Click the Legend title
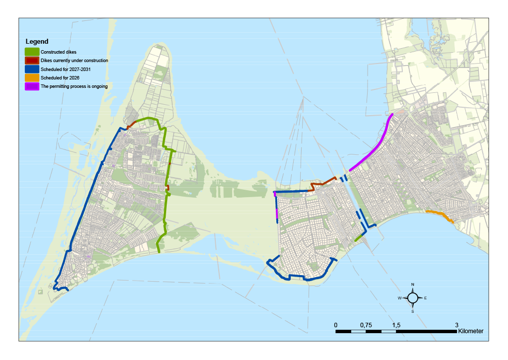click(x=37, y=42)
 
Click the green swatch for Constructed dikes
click(x=32, y=52)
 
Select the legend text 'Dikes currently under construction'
click(x=74, y=61)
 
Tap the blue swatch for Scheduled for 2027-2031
click(x=32, y=69)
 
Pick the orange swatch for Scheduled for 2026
click(x=32, y=77)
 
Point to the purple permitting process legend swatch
click(x=32, y=86)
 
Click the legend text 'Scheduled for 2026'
click(x=60, y=77)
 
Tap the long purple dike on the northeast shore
click(x=372, y=149)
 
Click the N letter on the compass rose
click(x=413, y=285)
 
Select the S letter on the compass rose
click(x=413, y=311)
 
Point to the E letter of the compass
click(x=425, y=298)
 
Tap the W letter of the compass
click(x=399, y=298)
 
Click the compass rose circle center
click(x=413, y=298)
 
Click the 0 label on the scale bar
click(x=336, y=325)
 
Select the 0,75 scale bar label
click(x=366, y=325)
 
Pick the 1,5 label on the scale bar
click(x=396, y=325)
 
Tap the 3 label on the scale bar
click(x=456, y=325)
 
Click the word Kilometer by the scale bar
click(x=471, y=331)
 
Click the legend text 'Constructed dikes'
click(x=59, y=52)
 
